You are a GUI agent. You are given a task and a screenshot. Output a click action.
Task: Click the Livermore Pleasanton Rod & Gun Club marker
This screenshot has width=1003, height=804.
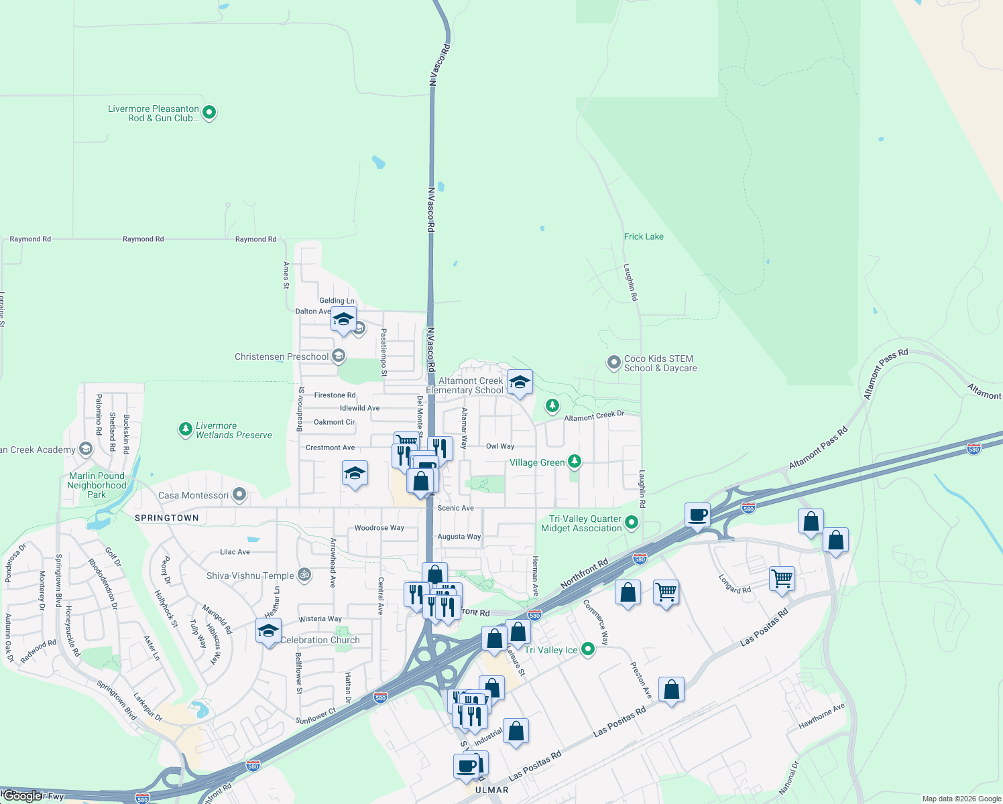coord(209,113)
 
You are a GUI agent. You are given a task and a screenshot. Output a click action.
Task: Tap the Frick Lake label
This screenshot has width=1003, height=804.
coord(644,237)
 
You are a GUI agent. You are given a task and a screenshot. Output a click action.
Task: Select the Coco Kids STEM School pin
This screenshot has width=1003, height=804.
coord(613,363)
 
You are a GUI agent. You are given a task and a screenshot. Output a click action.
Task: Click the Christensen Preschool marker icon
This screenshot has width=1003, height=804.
coord(339,356)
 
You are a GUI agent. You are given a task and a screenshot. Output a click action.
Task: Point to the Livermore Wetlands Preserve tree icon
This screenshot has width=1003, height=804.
coord(186,429)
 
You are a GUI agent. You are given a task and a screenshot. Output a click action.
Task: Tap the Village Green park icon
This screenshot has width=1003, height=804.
coord(574,462)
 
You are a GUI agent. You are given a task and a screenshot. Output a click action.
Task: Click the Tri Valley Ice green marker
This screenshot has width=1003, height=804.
coord(588,649)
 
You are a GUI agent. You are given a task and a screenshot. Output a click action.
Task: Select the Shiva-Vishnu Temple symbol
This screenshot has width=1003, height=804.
coord(304,575)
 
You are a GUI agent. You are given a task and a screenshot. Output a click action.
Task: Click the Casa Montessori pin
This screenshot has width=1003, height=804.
coord(239,495)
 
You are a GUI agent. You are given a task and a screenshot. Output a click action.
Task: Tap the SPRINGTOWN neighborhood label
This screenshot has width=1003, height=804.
coord(167,518)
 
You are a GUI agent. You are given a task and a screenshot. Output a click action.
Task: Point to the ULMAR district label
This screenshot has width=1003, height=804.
coord(491,790)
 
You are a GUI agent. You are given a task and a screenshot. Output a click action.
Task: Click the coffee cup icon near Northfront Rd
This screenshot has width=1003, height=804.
coord(697,515)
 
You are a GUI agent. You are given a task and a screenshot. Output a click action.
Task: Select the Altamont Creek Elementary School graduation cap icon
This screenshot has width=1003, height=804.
coord(520,383)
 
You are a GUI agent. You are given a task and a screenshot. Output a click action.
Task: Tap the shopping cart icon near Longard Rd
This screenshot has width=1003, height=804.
coord(782,578)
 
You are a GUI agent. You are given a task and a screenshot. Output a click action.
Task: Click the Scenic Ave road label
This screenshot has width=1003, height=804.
coord(455,508)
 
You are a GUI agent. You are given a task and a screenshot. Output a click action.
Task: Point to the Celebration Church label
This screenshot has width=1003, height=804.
coord(320,640)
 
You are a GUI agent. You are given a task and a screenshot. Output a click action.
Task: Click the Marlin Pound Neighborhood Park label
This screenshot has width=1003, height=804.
coord(97,485)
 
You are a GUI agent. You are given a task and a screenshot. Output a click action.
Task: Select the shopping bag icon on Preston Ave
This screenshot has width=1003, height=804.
coord(671,689)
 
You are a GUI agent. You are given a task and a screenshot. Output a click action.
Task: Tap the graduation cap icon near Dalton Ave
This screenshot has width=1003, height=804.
coord(343,319)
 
